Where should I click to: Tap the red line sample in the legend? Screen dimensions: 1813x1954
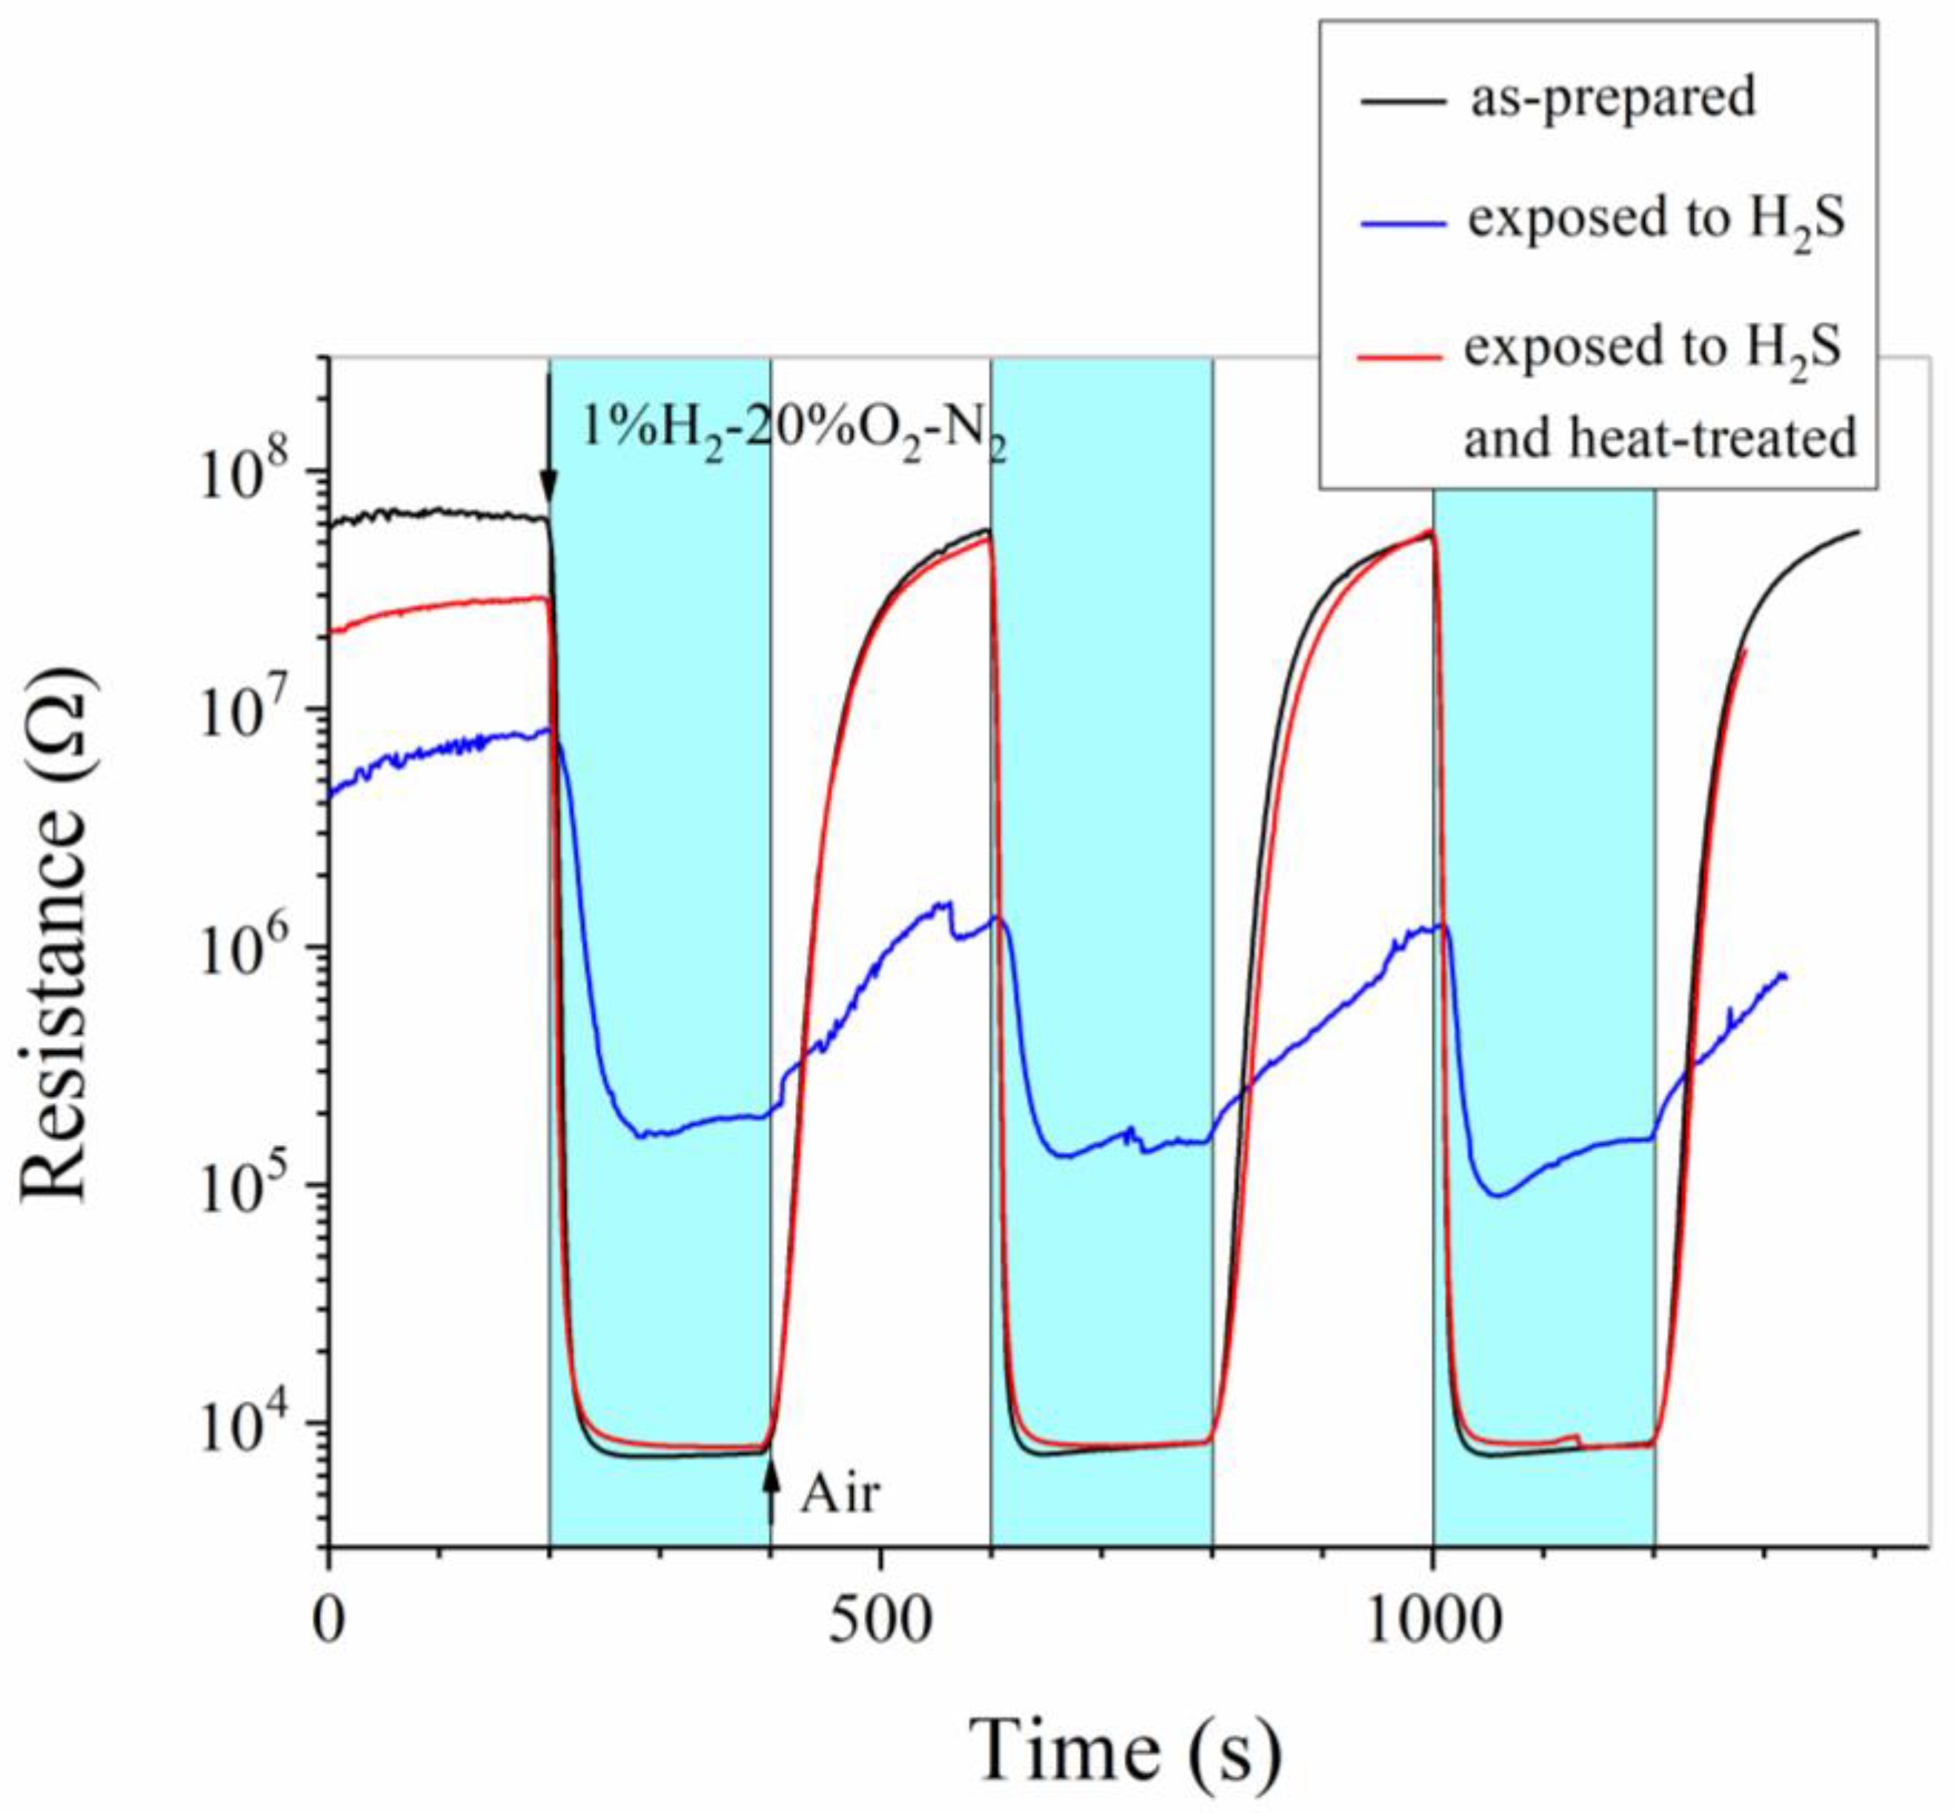point(1400,355)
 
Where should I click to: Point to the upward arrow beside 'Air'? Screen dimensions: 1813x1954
point(771,1496)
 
